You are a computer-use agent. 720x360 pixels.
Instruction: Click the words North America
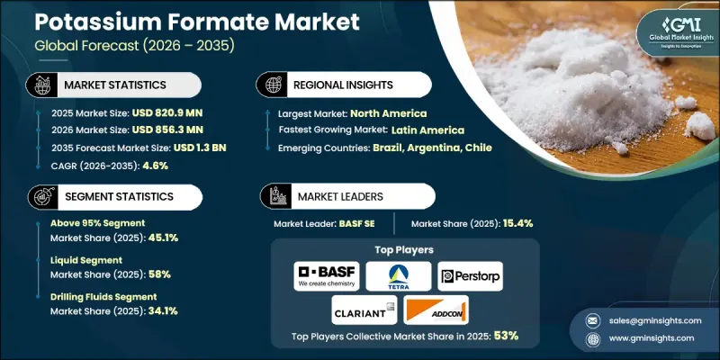point(389,113)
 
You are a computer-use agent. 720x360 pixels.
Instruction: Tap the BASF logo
point(327,276)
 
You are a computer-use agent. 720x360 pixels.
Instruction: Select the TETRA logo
point(398,276)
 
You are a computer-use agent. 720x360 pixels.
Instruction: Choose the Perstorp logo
point(470,276)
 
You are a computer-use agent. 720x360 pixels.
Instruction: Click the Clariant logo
point(363,311)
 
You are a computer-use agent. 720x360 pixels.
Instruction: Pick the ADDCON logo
point(436,311)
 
